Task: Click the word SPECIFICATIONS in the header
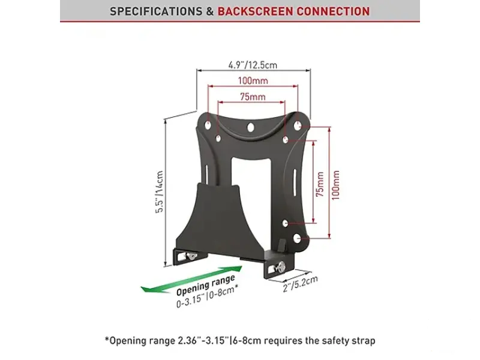point(156,11)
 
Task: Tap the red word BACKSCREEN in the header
point(256,11)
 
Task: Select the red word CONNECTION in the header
point(333,11)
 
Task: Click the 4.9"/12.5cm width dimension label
point(253,65)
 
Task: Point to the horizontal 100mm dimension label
point(253,80)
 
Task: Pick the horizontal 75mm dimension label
point(253,97)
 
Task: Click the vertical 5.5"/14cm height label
point(160,192)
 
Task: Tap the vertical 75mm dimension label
point(320,184)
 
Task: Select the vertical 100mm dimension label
point(336,185)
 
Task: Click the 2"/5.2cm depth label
point(301,284)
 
